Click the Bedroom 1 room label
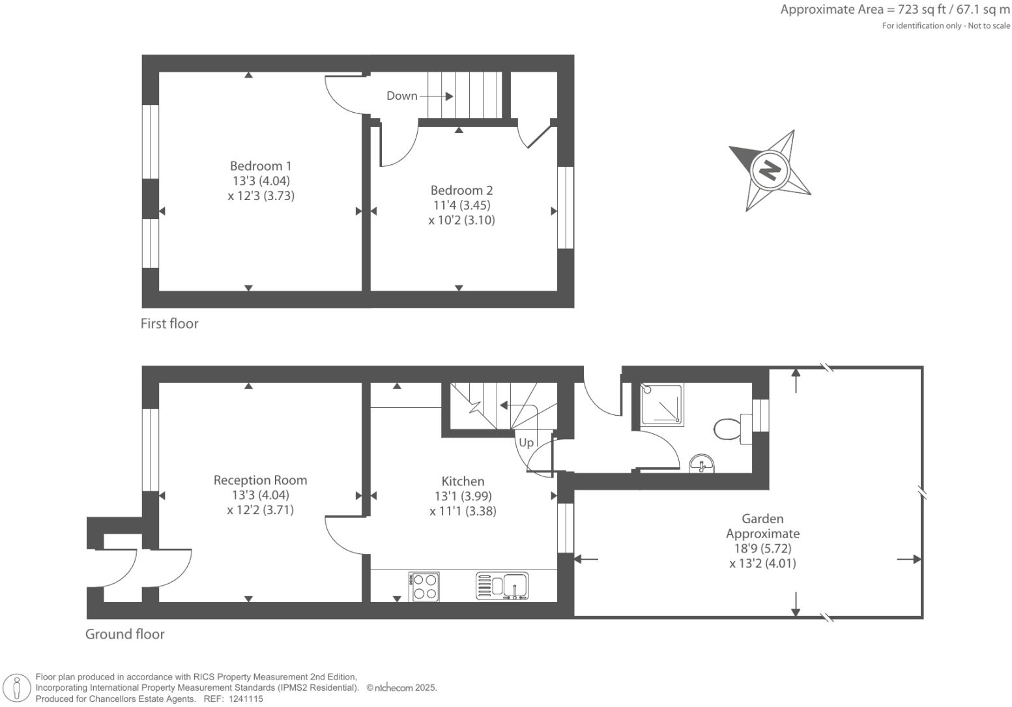[261, 166]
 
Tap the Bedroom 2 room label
[461, 190]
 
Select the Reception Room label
[260, 480]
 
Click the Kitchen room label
[463, 481]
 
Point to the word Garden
[762, 519]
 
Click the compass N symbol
[770, 170]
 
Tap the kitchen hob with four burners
[424, 586]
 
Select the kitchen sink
[514, 585]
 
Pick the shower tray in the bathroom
[661, 405]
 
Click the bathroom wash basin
[701, 463]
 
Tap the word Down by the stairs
[401, 96]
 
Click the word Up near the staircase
[526, 442]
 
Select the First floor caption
[169, 324]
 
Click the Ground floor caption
[125, 634]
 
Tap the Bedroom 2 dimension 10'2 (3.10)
[461, 220]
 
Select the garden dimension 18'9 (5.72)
[762, 549]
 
